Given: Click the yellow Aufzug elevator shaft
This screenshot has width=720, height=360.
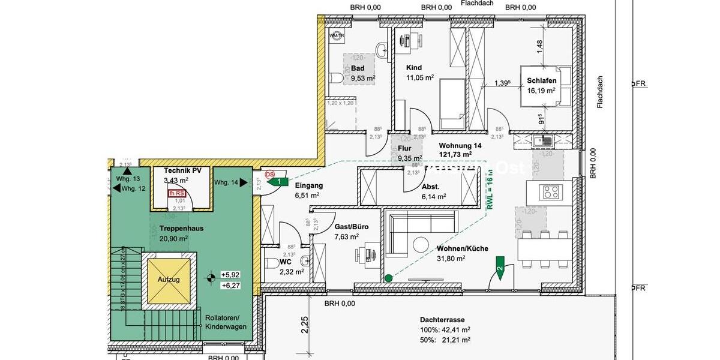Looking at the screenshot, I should [x=169, y=280].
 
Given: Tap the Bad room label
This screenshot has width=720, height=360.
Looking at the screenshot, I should [x=358, y=68].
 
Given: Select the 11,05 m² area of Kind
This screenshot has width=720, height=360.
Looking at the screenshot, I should [x=420, y=78].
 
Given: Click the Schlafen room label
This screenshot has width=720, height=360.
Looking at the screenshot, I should [x=541, y=80].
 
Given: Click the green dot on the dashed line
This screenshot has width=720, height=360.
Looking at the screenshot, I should [x=388, y=278].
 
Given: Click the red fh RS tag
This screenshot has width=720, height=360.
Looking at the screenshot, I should [x=176, y=193].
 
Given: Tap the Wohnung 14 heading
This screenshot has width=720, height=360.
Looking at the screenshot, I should [x=460, y=146].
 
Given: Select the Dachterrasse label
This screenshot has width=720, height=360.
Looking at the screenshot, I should [x=443, y=320].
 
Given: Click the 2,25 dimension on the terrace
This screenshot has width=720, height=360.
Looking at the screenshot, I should [x=305, y=325].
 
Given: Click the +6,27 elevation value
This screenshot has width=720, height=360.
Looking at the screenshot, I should [x=230, y=286].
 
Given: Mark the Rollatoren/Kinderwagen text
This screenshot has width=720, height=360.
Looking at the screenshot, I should [x=221, y=322].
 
